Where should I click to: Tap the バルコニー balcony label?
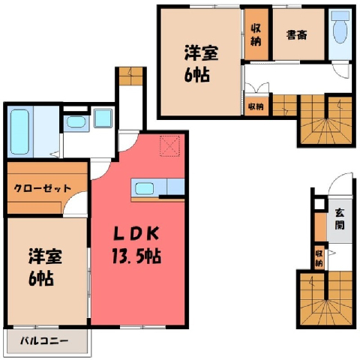(44, 340)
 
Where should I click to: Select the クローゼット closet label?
(43, 188)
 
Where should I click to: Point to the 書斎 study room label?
(297, 35)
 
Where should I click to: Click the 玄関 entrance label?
(340, 220)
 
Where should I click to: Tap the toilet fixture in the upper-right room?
(340, 27)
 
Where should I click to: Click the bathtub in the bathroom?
(20, 132)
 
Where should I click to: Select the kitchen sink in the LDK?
(144, 188)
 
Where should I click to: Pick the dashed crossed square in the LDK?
(169, 146)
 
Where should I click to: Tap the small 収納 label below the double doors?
(256, 106)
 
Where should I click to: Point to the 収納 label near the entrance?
(319, 259)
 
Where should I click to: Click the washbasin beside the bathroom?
(76, 122)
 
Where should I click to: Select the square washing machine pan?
(103, 118)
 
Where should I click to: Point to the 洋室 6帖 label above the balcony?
(45, 267)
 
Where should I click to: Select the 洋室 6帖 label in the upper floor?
(201, 64)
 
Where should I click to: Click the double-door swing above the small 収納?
(257, 88)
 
